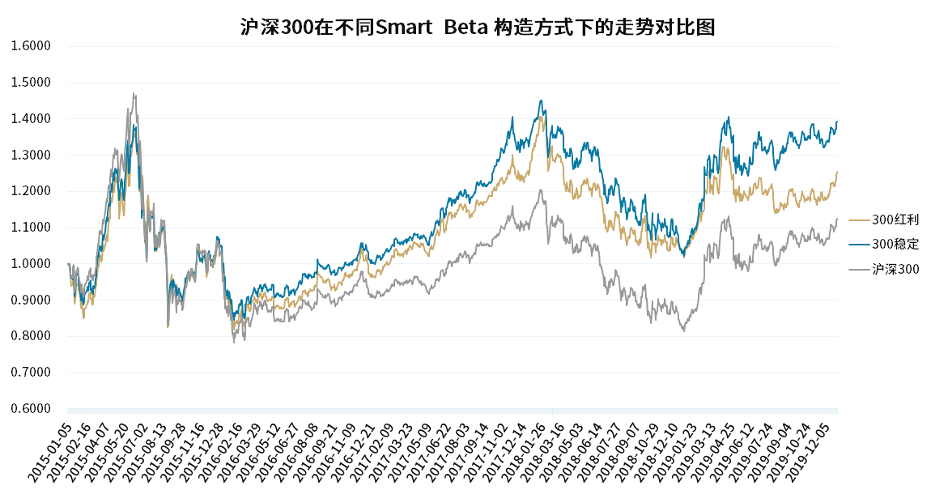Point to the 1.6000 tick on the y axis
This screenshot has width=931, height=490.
coord(31,46)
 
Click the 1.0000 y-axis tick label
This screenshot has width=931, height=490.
coord(31,264)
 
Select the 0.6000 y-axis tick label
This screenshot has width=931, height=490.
coord(31,409)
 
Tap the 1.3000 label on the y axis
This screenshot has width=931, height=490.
coord(31,155)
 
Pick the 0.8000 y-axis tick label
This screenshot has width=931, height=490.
coord(31,336)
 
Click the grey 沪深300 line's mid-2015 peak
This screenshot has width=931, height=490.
coord(134,93)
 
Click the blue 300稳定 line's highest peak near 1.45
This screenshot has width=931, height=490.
coord(541,101)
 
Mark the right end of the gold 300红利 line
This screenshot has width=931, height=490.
coord(837,172)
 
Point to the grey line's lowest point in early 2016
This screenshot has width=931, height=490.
coord(234,342)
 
